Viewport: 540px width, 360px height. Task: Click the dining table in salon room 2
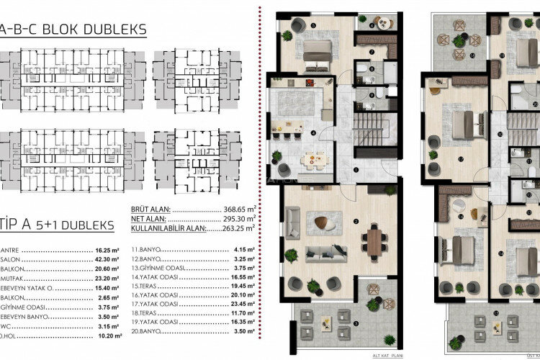coord(374,240)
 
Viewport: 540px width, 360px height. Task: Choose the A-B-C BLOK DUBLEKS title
coord(73,30)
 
